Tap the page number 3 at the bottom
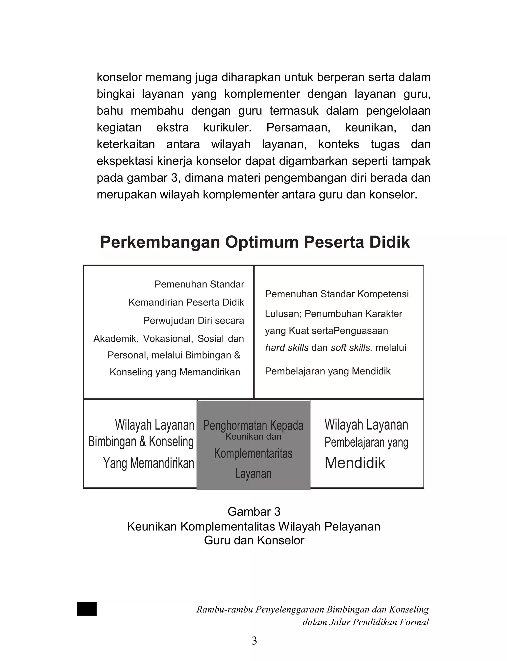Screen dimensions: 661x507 (x=254, y=640)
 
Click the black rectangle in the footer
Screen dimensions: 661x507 (x=87, y=609)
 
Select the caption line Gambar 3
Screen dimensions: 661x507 (x=254, y=512)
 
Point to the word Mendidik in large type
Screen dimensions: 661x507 (x=355, y=463)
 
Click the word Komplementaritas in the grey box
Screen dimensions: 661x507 (x=253, y=453)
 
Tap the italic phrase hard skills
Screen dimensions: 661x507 (x=287, y=348)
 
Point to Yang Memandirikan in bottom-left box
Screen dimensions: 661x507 (x=149, y=463)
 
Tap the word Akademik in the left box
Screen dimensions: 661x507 (x=115, y=339)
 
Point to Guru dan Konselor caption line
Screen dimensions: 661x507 (x=254, y=540)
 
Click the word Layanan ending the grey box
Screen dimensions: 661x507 (x=253, y=474)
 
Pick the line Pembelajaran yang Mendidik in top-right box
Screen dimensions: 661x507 (x=328, y=371)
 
